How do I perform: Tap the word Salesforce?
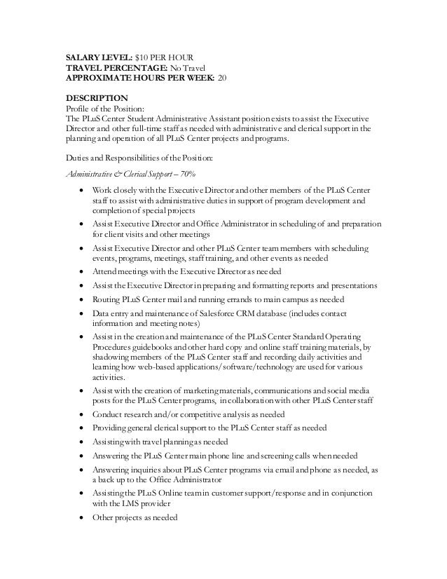(x=226, y=313)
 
